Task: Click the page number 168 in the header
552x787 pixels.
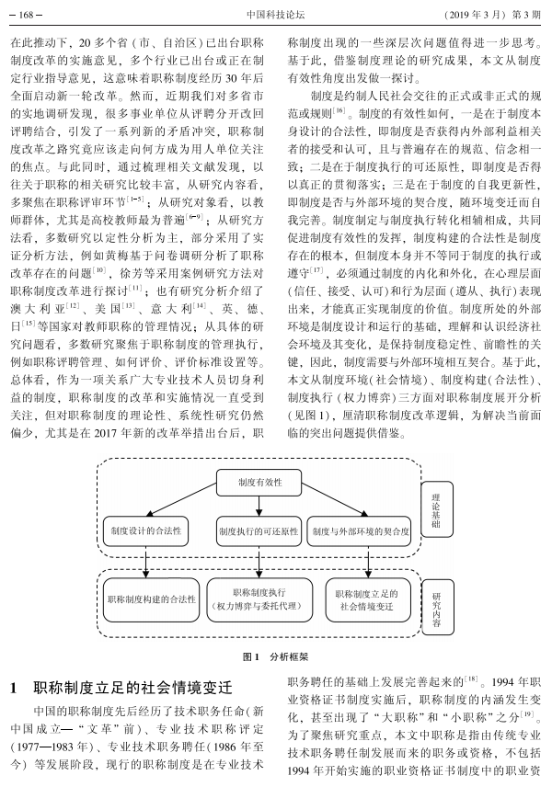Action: point(26,15)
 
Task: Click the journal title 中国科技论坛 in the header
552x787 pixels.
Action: point(275,15)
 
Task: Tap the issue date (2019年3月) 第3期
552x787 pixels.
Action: point(492,15)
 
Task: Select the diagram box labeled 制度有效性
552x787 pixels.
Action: point(259,483)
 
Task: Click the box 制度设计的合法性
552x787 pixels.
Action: point(145,530)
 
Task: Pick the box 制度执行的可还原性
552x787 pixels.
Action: point(259,531)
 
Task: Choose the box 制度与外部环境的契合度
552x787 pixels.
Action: point(361,531)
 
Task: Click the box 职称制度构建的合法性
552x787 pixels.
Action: point(151,599)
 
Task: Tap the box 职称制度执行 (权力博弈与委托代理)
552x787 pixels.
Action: point(259,599)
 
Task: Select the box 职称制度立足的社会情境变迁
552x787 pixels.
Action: point(367,599)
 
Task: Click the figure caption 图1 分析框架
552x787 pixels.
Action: point(276,656)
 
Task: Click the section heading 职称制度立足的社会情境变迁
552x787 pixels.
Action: point(132,688)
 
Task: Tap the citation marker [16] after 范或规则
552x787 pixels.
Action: point(339,110)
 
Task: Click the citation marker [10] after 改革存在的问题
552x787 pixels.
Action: point(100,269)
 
